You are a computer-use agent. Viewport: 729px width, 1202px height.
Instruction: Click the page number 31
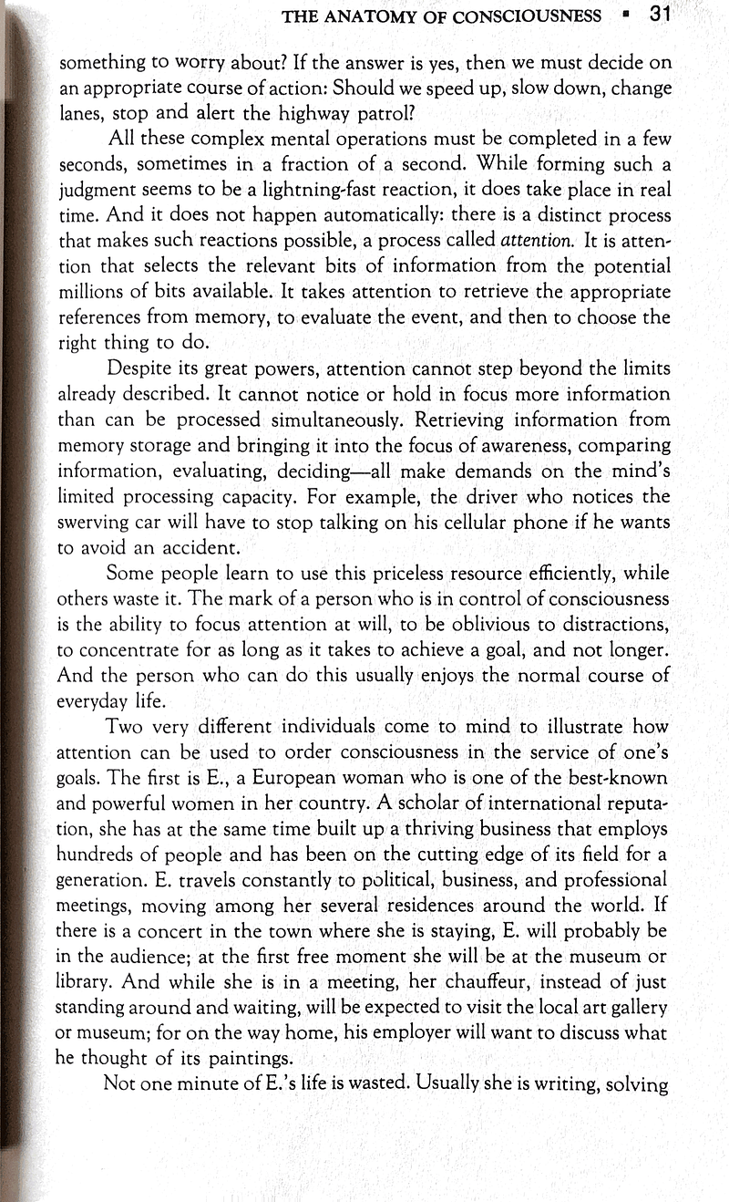(661, 15)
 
